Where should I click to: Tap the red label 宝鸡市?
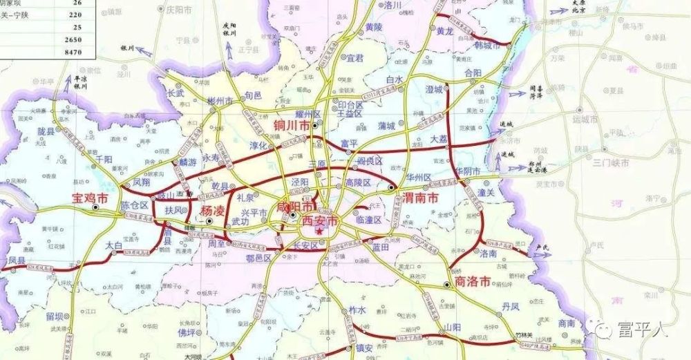pyautogui.click(x=91, y=198)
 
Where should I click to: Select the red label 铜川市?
pyautogui.click(x=292, y=126)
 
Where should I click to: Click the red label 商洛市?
pyautogui.click(x=473, y=282)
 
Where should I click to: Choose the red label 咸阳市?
pyautogui.click(x=294, y=207)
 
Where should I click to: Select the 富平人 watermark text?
pyautogui.click(x=642, y=330)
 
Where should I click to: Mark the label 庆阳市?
pyautogui.click(x=177, y=10)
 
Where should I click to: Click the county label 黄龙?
pyautogui.click(x=445, y=31)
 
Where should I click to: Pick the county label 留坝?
pyautogui.click(x=57, y=316)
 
